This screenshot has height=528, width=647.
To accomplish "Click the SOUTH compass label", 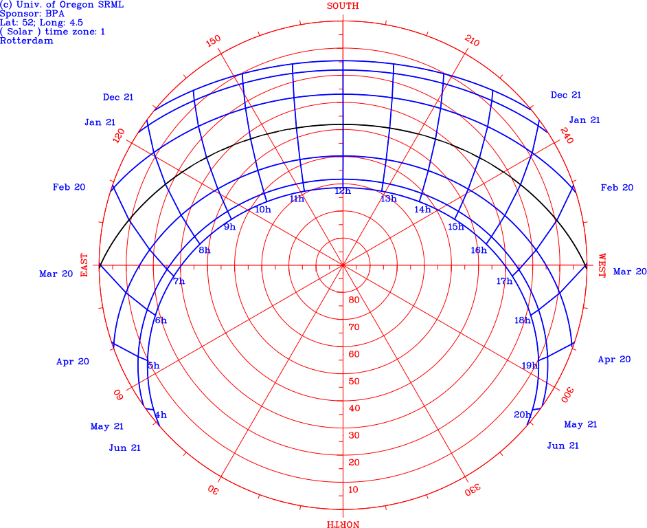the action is [x=343, y=5].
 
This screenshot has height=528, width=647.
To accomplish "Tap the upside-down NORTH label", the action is [x=343, y=524].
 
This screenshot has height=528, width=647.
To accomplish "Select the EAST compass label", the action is [x=84, y=265].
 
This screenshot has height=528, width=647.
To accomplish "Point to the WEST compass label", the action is [x=602, y=265].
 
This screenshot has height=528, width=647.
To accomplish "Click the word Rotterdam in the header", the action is [x=27, y=41].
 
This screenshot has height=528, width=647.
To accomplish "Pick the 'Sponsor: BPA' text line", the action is [x=32, y=14].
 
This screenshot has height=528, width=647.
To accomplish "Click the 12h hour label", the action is [x=343, y=191].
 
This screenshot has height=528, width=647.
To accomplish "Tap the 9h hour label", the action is [x=230, y=226].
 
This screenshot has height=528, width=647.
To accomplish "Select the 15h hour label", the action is [x=456, y=226].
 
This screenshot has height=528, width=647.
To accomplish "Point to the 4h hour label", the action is [x=161, y=415].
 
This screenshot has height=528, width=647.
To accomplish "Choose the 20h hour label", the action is [x=522, y=415].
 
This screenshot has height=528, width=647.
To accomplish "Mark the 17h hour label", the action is [x=504, y=281].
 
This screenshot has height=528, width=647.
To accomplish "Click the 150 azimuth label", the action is [x=214, y=41].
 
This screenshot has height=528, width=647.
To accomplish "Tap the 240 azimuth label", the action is [x=567, y=135].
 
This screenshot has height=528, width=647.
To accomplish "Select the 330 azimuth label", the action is [x=473, y=489].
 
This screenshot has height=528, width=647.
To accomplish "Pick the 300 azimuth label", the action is [x=567, y=395].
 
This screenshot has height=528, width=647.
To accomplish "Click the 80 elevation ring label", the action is [x=354, y=300].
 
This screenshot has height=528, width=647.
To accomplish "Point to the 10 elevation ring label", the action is [x=354, y=489].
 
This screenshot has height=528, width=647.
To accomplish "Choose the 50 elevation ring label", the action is [x=354, y=382].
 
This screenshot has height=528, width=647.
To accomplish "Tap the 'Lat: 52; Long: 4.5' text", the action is [x=41, y=23].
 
